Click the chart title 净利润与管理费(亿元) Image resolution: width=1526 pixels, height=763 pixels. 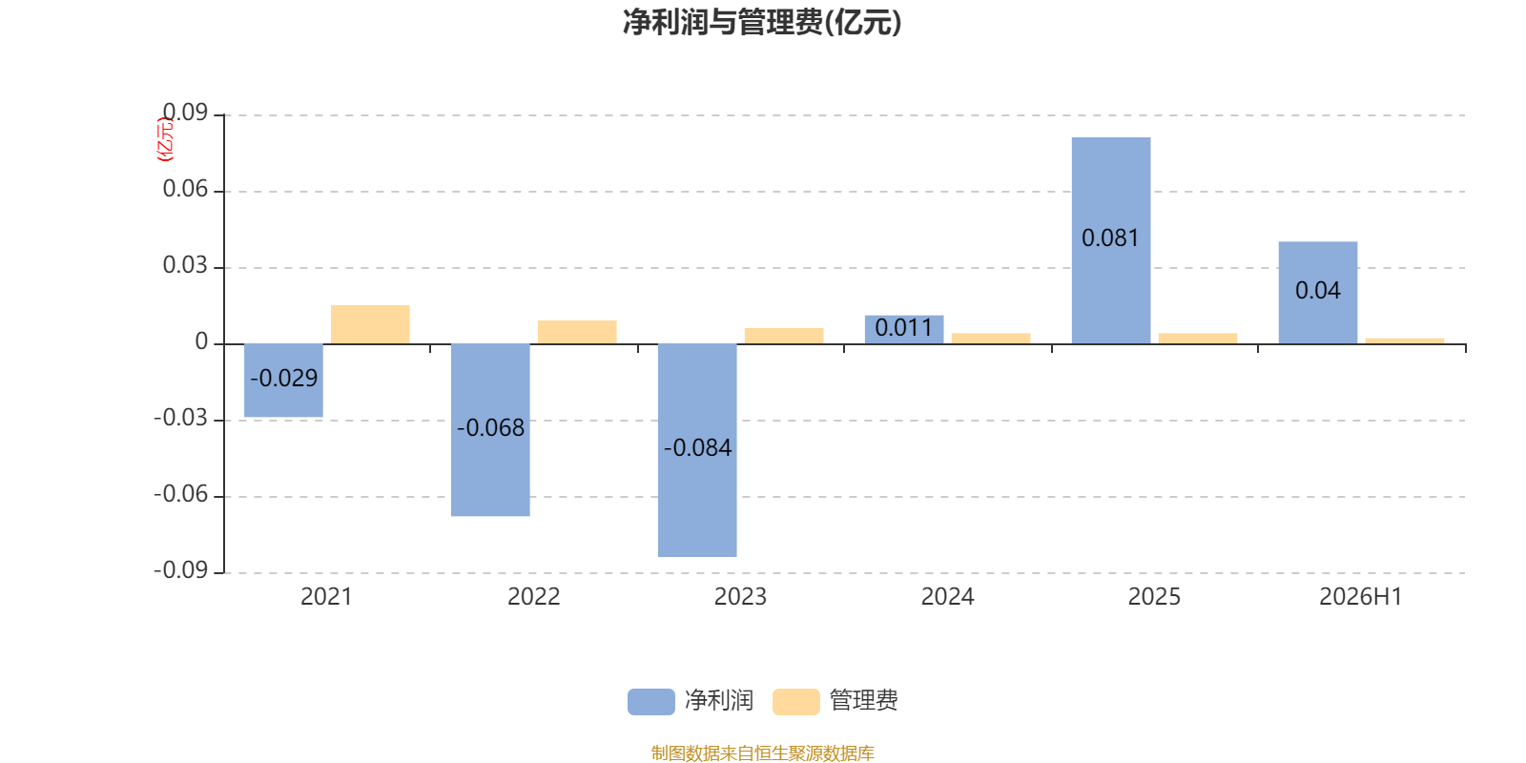point(762,22)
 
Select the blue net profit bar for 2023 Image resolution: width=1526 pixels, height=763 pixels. point(697,450)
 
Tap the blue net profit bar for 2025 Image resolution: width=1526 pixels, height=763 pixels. point(1111,240)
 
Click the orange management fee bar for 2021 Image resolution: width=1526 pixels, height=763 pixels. point(370,324)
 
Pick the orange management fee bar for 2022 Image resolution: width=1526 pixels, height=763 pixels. point(577,332)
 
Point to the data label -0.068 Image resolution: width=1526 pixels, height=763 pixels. point(490,428)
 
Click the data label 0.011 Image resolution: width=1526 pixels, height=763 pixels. point(904,328)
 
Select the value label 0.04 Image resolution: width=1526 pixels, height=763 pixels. point(1317,291)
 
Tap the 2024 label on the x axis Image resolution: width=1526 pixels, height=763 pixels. point(947,597)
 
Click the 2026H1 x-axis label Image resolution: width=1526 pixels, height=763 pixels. point(1360,597)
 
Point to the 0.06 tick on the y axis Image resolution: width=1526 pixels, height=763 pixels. point(185,189)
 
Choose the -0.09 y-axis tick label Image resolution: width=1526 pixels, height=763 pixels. point(180,570)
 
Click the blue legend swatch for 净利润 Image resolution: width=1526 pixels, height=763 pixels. point(651,702)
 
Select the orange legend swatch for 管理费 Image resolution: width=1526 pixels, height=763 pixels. point(795,702)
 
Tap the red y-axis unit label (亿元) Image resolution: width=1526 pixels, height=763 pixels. point(166,139)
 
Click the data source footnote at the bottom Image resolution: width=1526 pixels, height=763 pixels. point(762,753)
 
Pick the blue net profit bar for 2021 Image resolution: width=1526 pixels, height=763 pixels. point(283,381)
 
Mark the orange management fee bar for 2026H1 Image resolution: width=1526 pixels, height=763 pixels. point(1405,341)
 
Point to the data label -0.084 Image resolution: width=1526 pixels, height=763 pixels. point(697,447)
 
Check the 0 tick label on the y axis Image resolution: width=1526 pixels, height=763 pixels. point(201,341)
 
